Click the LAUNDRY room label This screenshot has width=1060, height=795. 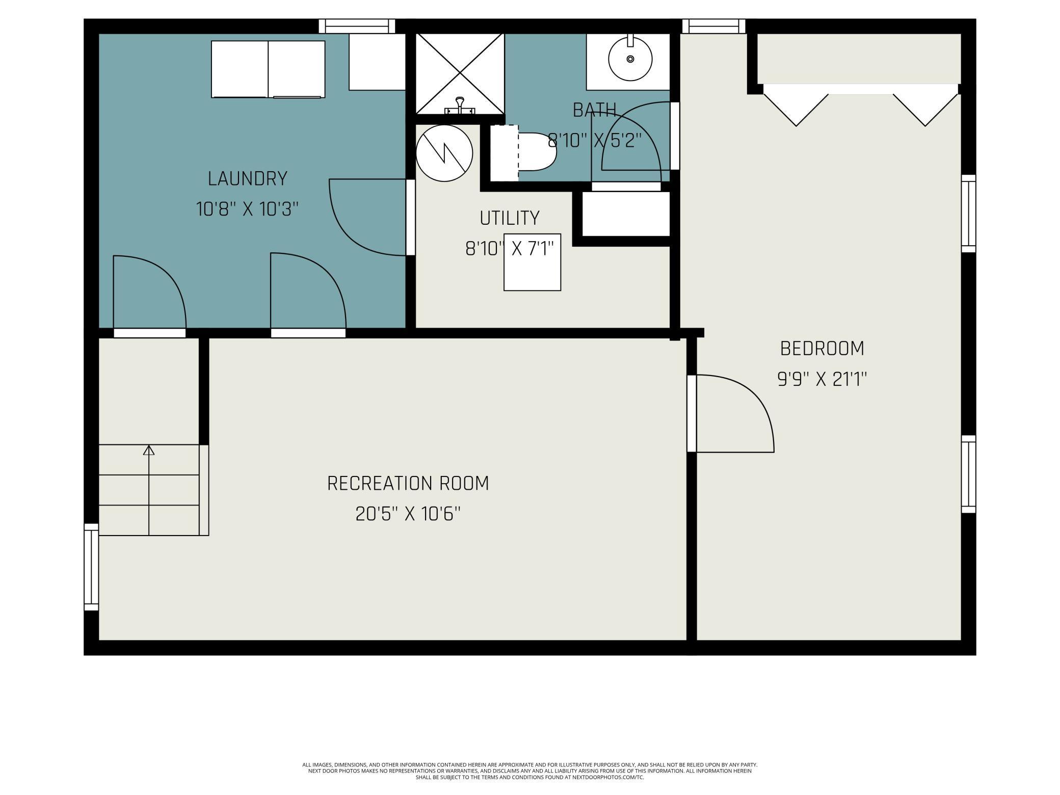[248, 179]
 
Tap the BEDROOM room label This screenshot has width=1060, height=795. [822, 349]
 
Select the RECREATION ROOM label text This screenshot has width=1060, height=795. [408, 483]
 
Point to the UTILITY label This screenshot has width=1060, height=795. [509, 218]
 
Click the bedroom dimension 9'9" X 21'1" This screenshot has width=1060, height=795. [822, 379]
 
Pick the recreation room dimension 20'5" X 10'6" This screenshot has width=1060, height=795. [408, 514]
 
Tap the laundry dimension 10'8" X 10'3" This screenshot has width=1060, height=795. [247, 209]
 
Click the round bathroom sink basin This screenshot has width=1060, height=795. [630, 59]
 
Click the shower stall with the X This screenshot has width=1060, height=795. [460, 73]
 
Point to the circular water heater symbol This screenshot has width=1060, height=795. [444, 153]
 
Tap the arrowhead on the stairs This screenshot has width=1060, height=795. [149, 450]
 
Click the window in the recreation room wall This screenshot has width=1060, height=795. [91, 567]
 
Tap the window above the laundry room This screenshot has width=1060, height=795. [357, 26]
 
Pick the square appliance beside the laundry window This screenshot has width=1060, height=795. [377, 62]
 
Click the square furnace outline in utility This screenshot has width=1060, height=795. [533, 262]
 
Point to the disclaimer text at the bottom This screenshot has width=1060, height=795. [530, 771]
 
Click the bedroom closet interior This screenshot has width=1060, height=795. [859, 59]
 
